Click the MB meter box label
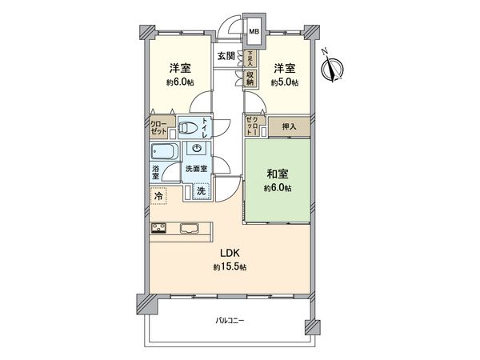pos(254,32)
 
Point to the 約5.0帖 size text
pos(284,82)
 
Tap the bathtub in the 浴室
pos(164,153)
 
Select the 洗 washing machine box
pos(202,190)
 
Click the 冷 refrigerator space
pos(159,194)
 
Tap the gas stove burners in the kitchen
pos(159,229)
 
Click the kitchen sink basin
pos(191,229)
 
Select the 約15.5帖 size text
pos(229,267)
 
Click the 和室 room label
pos(278,174)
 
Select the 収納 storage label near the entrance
pos(250,78)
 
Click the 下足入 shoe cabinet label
pos(250,58)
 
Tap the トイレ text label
pos(206,128)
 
